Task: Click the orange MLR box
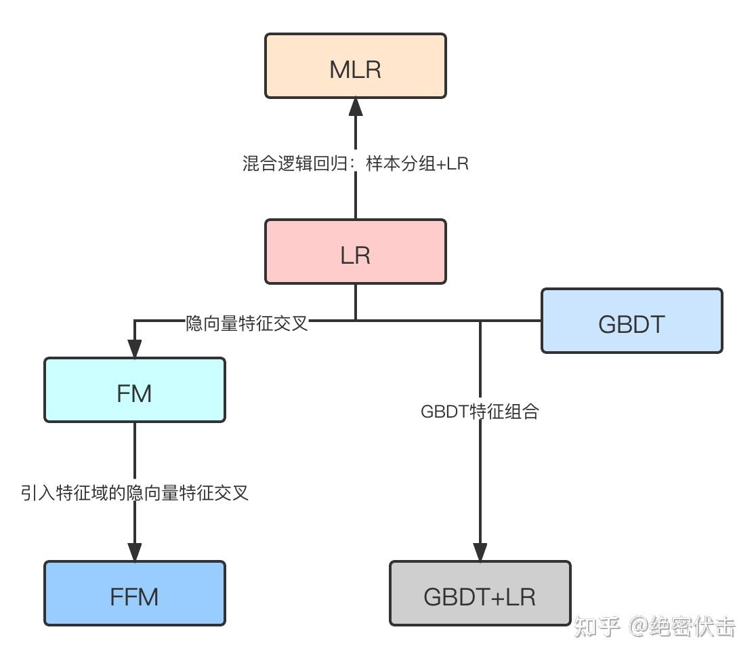(x=355, y=66)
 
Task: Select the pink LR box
(x=355, y=252)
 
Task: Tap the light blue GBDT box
(x=631, y=321)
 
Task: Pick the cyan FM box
(x=134, y=390)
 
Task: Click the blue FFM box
(x=134, y=593)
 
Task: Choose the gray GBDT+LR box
(x=480, y=593)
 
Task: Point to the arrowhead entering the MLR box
(x=356, y=108)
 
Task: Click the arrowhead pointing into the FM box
(x=135, y=348)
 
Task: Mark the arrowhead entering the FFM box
(x=135, y=551)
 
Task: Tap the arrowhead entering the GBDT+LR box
(x=480, y=551)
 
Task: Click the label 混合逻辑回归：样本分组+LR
(x=356, y=163)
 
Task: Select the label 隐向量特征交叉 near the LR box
(x=247, y=323)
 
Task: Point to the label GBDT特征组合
(x=480, y=412)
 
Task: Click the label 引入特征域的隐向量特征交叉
(x=135, y=493)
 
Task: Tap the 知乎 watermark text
(x=597, y=627)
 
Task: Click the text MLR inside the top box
(x=355, y=69)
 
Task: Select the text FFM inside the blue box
(x=134, y=597)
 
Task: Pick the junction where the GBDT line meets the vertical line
(x=480, y=320)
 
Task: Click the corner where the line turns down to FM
(x=135, y=320)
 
